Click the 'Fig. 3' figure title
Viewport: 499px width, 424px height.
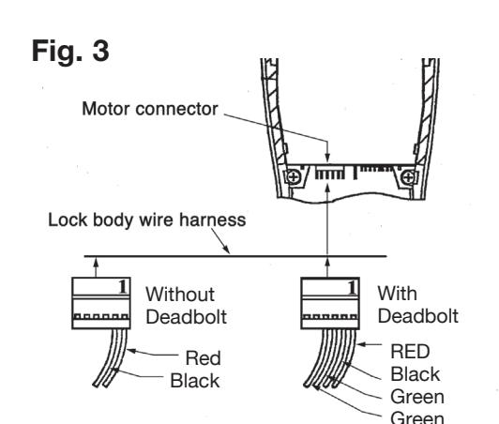(x=70, y=51)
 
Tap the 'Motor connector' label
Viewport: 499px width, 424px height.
(x=150, y=109)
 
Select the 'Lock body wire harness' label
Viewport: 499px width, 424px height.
(x=146, y=220)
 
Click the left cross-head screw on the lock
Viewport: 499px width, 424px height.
(x=294, y=177)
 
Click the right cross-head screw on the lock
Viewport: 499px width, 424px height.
(x=408, y=177)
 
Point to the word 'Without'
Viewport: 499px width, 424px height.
(x=180, y=295)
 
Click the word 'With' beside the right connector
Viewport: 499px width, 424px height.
(x=397, y=294)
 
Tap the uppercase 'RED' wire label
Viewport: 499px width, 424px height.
(x=410, y=352)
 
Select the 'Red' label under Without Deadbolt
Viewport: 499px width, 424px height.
(x=203, y=358)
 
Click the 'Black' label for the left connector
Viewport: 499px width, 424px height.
(x=195, y=381)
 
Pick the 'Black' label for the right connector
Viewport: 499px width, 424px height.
(x=416, y=374)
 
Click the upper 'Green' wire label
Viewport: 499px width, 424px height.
(x=417, y=397)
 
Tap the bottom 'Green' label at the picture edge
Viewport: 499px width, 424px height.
(x=417, y=417)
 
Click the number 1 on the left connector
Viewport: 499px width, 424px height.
(x=123, y=286)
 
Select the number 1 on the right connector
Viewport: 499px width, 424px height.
(x=352, y=287)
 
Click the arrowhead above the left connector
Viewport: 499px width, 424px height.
(x=96, y=263)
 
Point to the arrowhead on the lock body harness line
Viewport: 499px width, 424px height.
(x=226, y=250)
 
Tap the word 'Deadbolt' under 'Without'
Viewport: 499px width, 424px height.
(x=186, y=317)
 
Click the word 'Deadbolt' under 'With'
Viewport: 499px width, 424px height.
(x=418, y=316)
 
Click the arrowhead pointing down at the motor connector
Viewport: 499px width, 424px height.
(x=327, y=158)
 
